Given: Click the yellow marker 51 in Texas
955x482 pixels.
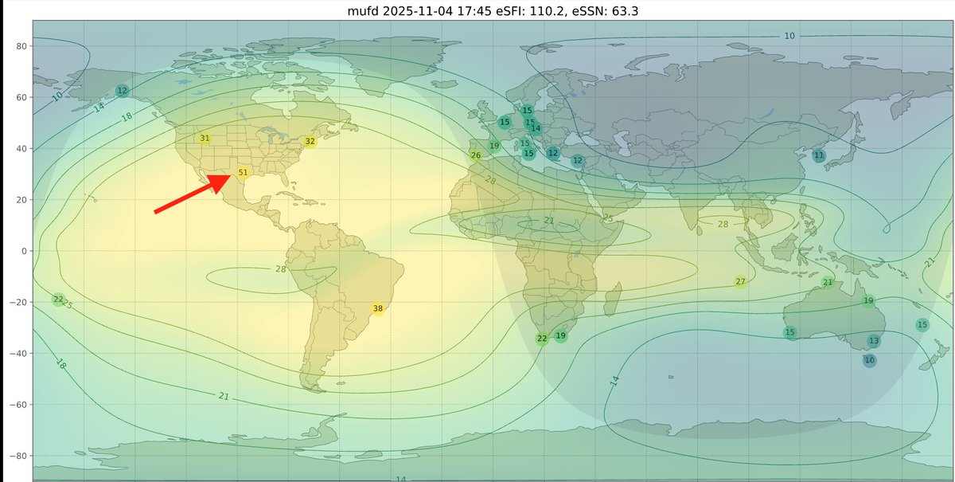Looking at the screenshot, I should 244,172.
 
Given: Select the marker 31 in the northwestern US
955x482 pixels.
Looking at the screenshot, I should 205,139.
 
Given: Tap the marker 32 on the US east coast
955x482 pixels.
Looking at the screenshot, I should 310,142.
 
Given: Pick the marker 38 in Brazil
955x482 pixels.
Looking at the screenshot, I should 378,308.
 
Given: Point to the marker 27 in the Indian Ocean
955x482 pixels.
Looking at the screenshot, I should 741,282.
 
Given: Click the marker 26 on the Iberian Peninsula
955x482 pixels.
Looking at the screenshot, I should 476,155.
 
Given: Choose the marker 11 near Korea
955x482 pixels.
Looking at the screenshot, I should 819,155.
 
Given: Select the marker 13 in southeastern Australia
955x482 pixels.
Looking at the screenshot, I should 874,341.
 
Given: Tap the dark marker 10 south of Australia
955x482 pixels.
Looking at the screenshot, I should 870,360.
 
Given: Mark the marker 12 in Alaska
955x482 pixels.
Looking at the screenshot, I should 122,91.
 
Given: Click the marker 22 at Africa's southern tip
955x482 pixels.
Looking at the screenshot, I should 542,339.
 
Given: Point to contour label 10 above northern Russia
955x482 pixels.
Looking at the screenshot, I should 789,36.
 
